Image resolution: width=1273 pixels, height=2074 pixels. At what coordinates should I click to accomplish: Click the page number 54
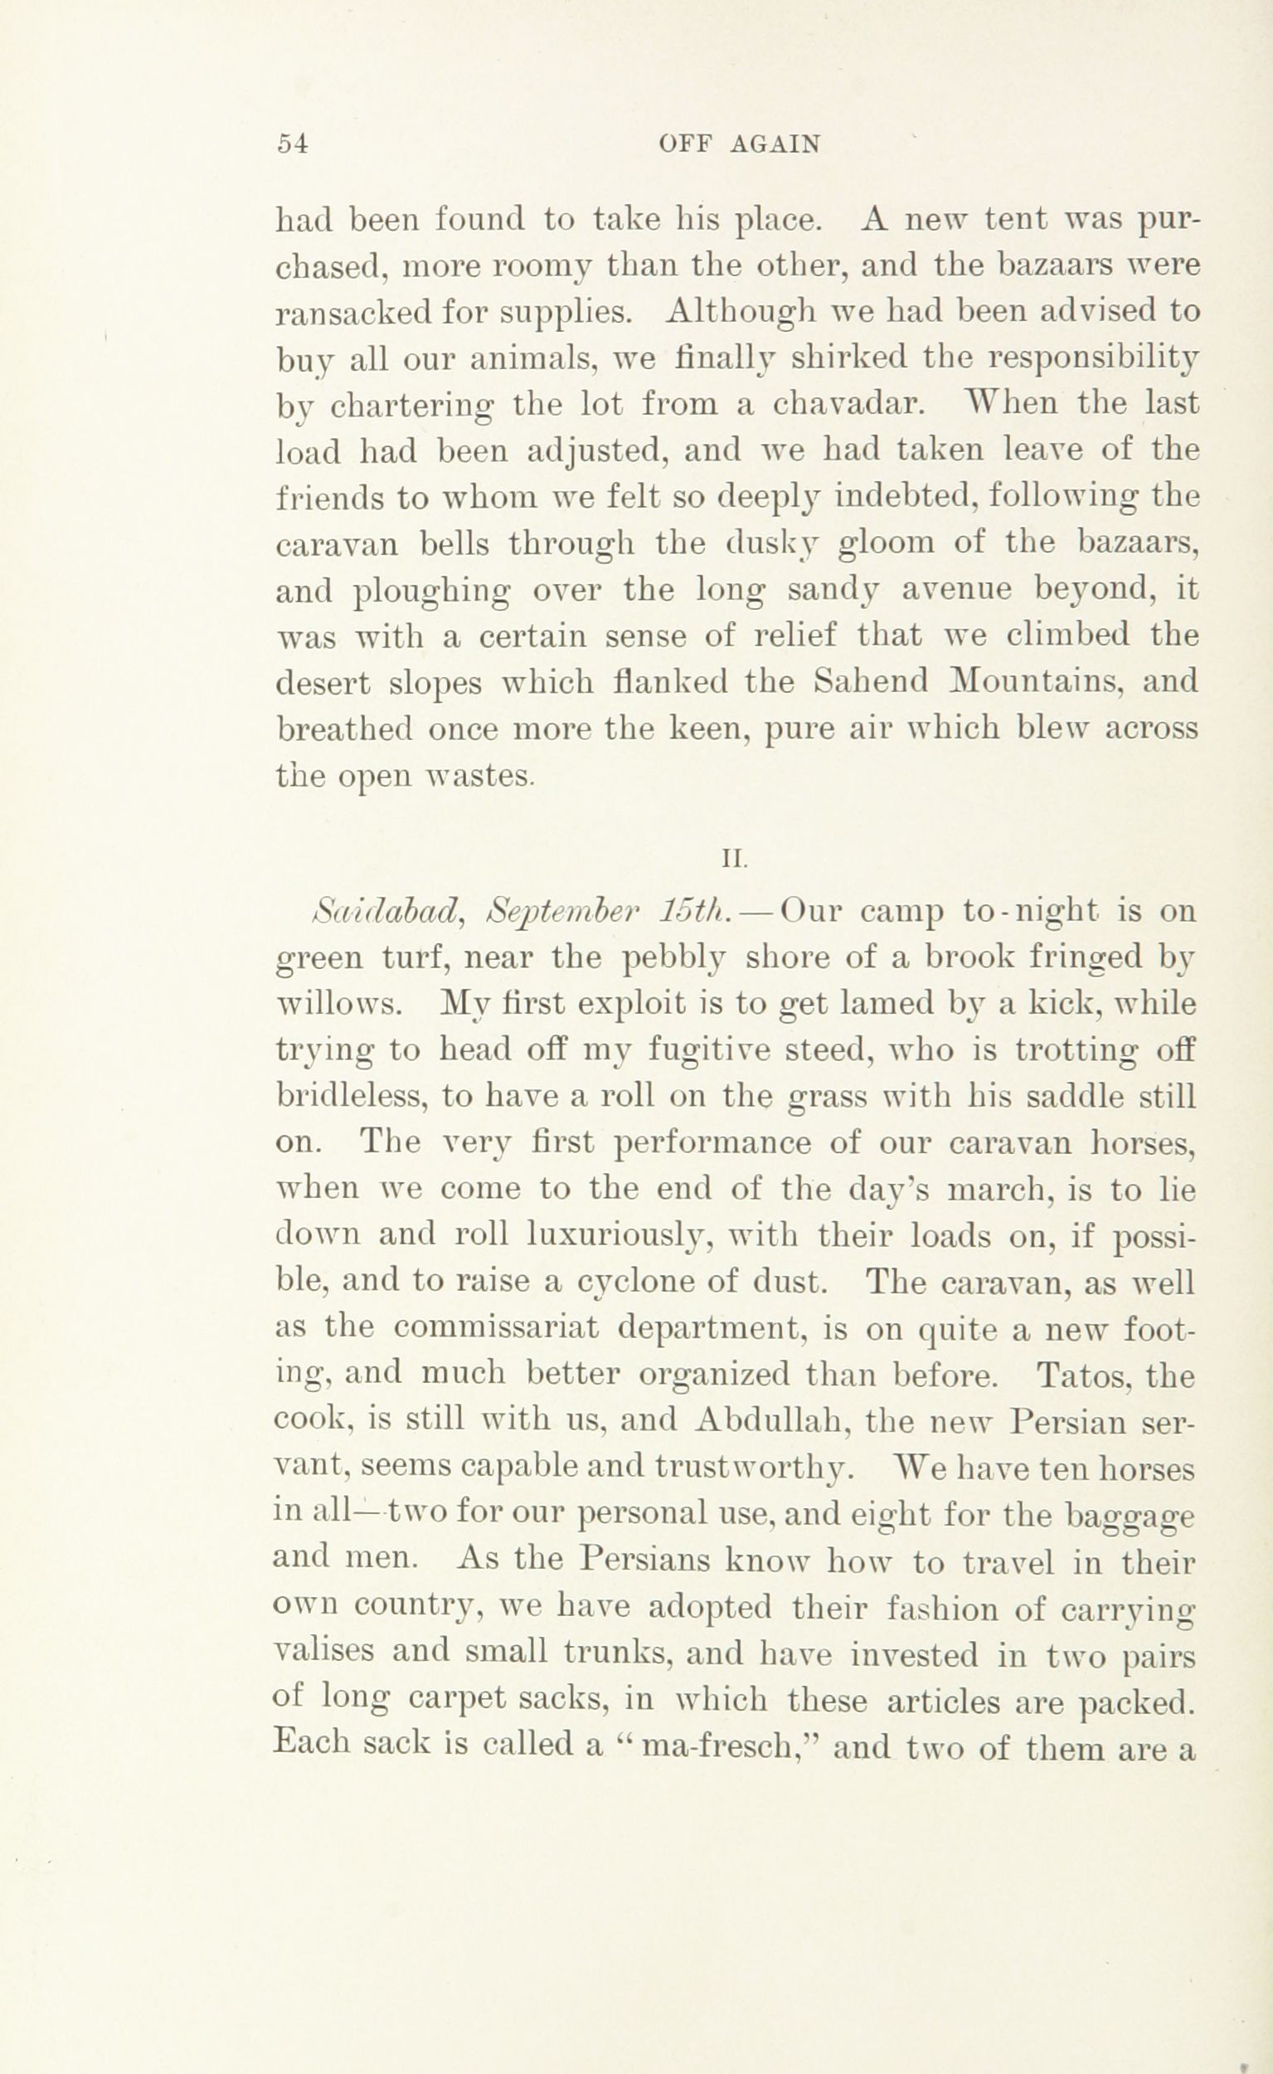(294, 144)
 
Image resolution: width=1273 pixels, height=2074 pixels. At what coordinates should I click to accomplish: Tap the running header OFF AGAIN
(739, 145)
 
